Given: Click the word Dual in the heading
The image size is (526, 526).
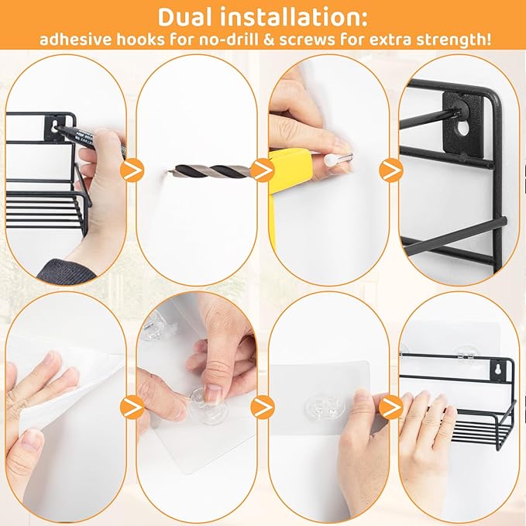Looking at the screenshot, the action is tap(186, 18).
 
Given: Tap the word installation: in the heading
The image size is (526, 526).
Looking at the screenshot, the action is tap(294, 18).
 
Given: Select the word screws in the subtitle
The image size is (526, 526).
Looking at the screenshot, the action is tap(307, 40).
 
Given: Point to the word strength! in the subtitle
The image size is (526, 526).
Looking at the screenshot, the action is tap(454, 40).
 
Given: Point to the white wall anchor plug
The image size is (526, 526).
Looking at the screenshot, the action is tap(332, 160).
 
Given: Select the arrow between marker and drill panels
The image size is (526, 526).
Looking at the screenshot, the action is tap(132, 170).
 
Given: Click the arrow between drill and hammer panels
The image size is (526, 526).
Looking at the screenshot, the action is tap(263, 170).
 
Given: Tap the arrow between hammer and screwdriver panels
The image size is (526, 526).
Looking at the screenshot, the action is tap(391, 170).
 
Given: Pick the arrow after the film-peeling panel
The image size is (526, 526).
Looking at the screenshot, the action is tap(132, 407).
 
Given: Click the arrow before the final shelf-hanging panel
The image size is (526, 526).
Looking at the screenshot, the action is tap(391, 407).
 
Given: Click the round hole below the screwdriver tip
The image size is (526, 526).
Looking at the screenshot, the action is tap(462, 128).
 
